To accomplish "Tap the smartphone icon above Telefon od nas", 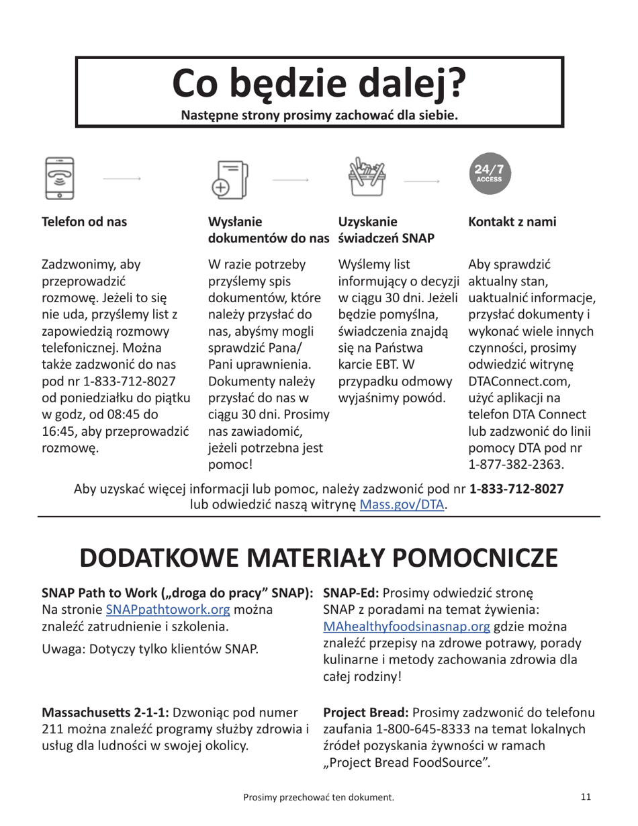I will tap(59, 178).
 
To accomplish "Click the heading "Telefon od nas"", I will tap(85, 222).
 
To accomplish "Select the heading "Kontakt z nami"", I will tap(512, 222).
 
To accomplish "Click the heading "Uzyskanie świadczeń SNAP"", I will tap(385, 230).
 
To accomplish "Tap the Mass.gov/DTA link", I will tap(402, 504).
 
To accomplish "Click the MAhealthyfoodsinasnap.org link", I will tap(407, 627).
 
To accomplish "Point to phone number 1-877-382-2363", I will tap(516, 464).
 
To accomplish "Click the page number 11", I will tap(585, 796).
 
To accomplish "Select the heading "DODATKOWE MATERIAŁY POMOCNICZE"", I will tap(319, 559).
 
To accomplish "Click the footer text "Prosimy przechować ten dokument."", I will tap(318, 797).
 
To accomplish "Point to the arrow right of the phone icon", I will tap(122, 178).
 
